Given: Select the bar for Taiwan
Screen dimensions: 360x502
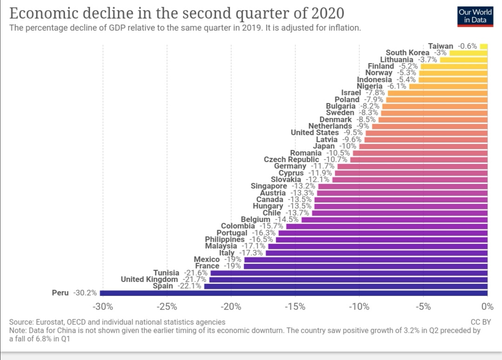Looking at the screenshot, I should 484,46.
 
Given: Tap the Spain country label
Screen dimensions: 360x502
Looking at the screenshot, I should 163,286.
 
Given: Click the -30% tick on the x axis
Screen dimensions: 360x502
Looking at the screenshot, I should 103,307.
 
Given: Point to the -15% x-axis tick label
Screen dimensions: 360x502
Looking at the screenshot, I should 295,307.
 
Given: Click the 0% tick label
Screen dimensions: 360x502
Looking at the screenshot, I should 487,307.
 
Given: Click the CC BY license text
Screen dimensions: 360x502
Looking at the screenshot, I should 481,322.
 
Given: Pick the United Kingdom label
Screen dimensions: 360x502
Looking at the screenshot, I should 149,280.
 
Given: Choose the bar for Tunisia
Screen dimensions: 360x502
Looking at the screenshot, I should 349,273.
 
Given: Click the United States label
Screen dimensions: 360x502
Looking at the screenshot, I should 315,133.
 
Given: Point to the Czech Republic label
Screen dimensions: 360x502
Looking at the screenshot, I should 291,159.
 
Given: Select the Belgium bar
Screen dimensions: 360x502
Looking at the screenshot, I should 395,219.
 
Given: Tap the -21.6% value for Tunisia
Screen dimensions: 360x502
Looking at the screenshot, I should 191,273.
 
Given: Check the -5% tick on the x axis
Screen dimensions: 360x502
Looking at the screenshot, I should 423,307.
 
